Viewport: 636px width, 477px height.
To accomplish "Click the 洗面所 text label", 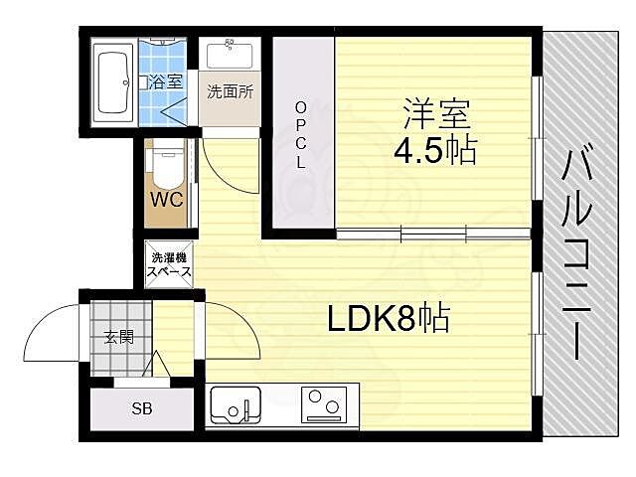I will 230,91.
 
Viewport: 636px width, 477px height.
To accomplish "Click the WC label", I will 166,197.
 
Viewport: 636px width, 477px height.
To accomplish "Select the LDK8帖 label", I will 389,319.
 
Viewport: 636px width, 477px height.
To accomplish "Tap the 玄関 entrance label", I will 119,337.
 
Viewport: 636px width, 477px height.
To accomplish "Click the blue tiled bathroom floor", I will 162,99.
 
